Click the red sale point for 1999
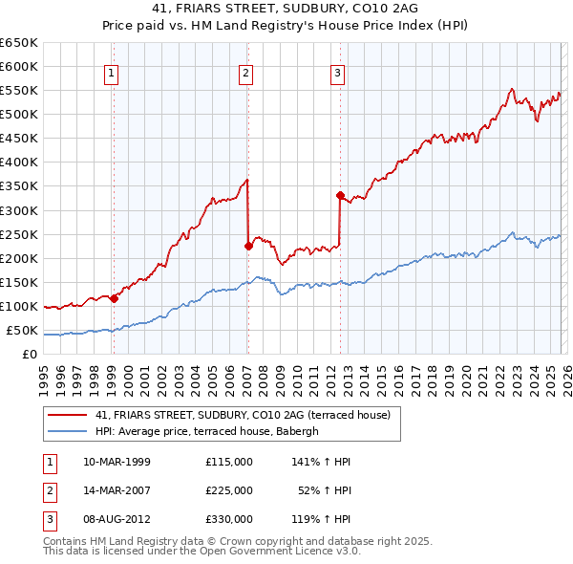(114, 298)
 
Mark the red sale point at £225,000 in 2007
(248, 246)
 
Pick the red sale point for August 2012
(339, 195)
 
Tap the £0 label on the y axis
(31, 355)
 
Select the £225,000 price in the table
(229, 490)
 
